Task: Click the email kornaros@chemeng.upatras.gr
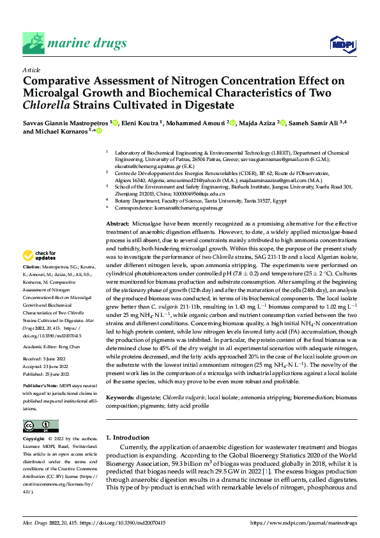pos(186,208)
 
